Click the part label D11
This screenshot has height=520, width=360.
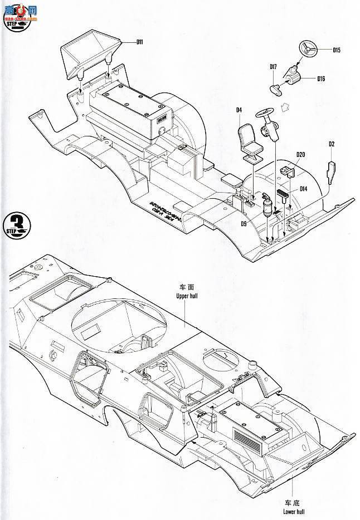(x=139, y=42)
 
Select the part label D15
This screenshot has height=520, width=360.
(x=336, y=51)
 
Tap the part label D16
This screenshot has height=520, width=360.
(x=321, y=79)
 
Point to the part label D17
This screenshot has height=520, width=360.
(x=273, y=67)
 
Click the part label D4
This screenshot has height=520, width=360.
(x=238, y=110)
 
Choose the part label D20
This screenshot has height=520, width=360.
(x=300, y=155)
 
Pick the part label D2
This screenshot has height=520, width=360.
(x=331, y=144)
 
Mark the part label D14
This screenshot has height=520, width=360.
(x=304, y=189)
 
